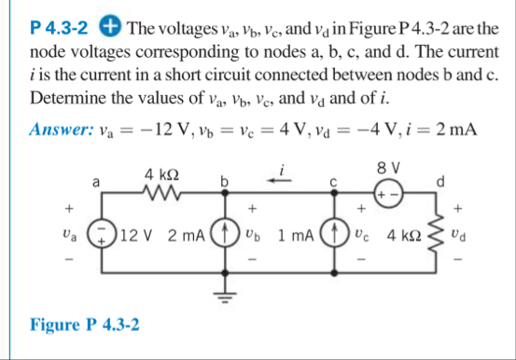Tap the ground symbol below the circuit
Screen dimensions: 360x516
(x=224, y=299)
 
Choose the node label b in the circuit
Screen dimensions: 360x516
(x=224, y=179)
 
